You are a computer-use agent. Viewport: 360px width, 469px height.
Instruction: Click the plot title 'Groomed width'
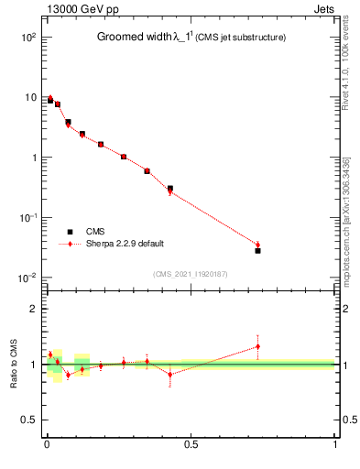[136, 38]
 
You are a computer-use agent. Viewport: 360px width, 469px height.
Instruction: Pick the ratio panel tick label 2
[33, 310]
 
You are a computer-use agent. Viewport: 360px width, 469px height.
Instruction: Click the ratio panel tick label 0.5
[29, 420]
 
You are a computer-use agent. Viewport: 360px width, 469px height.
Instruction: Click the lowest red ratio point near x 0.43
[170, 375]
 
